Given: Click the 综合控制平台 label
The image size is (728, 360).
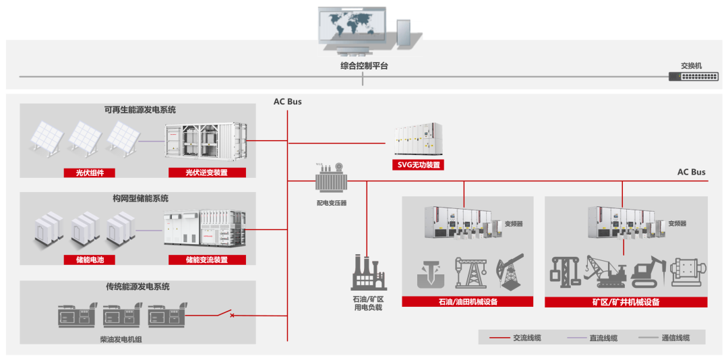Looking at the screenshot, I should (364, 66).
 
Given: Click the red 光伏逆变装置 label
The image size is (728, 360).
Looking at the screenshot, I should (206, 173).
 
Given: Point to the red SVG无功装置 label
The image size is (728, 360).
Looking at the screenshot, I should (418, 164).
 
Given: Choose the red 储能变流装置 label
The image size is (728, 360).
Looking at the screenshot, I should (206, 260).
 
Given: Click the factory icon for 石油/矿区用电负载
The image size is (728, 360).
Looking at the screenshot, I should (368, 272).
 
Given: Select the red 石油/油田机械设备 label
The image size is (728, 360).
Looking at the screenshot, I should (467, 301).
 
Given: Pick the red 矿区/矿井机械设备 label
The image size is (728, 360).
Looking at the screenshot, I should (626, 302).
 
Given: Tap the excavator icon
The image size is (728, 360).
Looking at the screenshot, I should (648, 271).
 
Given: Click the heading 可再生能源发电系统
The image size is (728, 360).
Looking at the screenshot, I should (140, 110).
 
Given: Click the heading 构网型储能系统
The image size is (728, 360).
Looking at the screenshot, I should (140, 198).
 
